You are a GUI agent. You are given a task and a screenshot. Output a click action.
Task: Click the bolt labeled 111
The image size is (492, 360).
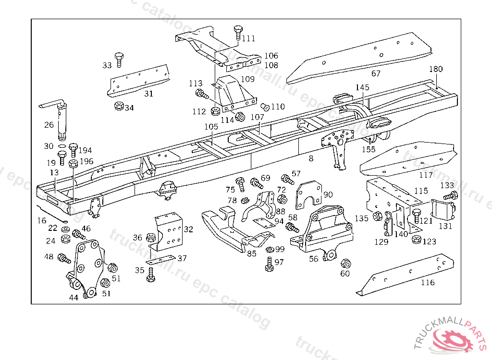click(x=238, y=33)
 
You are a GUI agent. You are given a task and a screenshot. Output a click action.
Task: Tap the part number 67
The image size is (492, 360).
click(x=376, y=73)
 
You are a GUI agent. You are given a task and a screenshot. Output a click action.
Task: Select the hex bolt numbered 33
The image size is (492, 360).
click(x=119, y=60)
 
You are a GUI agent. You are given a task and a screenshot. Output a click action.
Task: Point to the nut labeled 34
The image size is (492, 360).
click(x=119, y=106)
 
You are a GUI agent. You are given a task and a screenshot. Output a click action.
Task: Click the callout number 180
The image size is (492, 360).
click(x=436, y=69)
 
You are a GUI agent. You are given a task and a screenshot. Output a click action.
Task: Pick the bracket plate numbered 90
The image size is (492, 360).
click(x=309, y=195)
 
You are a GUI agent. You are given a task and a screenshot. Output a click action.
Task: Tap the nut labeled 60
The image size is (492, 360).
click(x=345, y=264)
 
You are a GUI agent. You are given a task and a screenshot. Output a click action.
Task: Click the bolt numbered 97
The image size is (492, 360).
click(x=269, y=264)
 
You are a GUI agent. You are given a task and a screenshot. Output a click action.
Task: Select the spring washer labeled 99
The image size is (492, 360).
click(x=270, y=250)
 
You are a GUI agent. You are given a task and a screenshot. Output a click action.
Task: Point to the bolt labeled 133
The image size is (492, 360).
click(x=451, y=196)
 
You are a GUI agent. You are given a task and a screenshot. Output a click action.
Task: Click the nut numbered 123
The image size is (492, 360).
click(x=416, y=239)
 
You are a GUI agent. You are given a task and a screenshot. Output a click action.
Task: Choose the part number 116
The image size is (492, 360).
click(x=427, y=283)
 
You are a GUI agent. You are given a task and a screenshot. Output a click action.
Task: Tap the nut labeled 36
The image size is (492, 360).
click(x=151, y=238)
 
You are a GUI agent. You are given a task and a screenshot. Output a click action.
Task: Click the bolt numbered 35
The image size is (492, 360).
click(x=151, y=275)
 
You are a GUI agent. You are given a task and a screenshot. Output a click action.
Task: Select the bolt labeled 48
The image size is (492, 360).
click(x=64, y=258)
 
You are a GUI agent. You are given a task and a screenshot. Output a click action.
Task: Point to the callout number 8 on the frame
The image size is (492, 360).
click(x=311, y=158)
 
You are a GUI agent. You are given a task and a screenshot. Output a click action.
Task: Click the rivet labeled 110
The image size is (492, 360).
click(x=265, y=107)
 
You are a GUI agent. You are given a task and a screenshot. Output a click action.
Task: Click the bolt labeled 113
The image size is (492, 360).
click(x=202, y=94)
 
